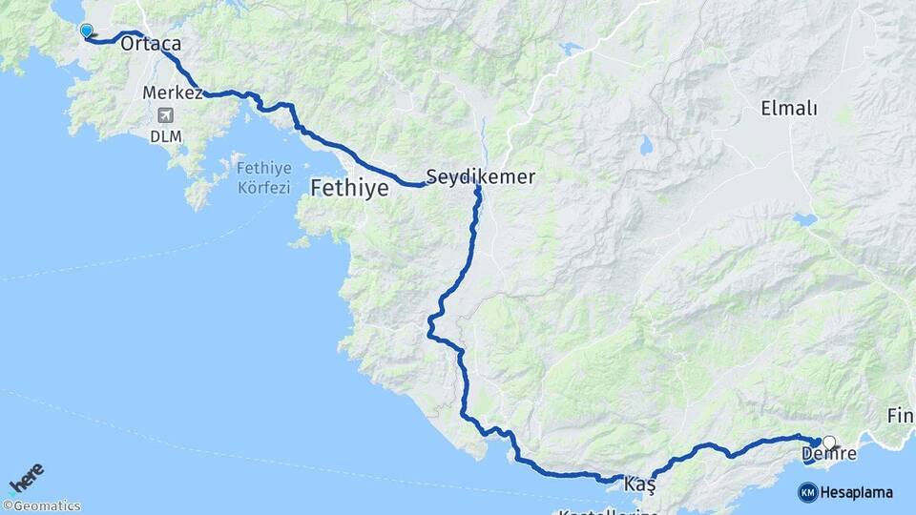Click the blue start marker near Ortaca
click(x=87, y=31)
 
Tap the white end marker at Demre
click(x=829, y=443)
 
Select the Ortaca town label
click(x=151, y=44)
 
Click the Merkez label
click(x=172, y=93)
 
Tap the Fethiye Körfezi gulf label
click(x=262, y=178)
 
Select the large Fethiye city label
click(x=349, y=188)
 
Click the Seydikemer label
click(x=480, y=176)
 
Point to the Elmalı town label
click(x=789, y=108)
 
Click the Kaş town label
click(x=639, y=485)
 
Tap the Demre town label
click(x=829, y=455)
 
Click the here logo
click(x=27, y=477)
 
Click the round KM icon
click(x=807, y=492)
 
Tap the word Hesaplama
click(x=857, y=492)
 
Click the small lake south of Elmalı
click(x=804, y=219)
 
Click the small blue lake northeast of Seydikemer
click(x=571, y=48)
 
